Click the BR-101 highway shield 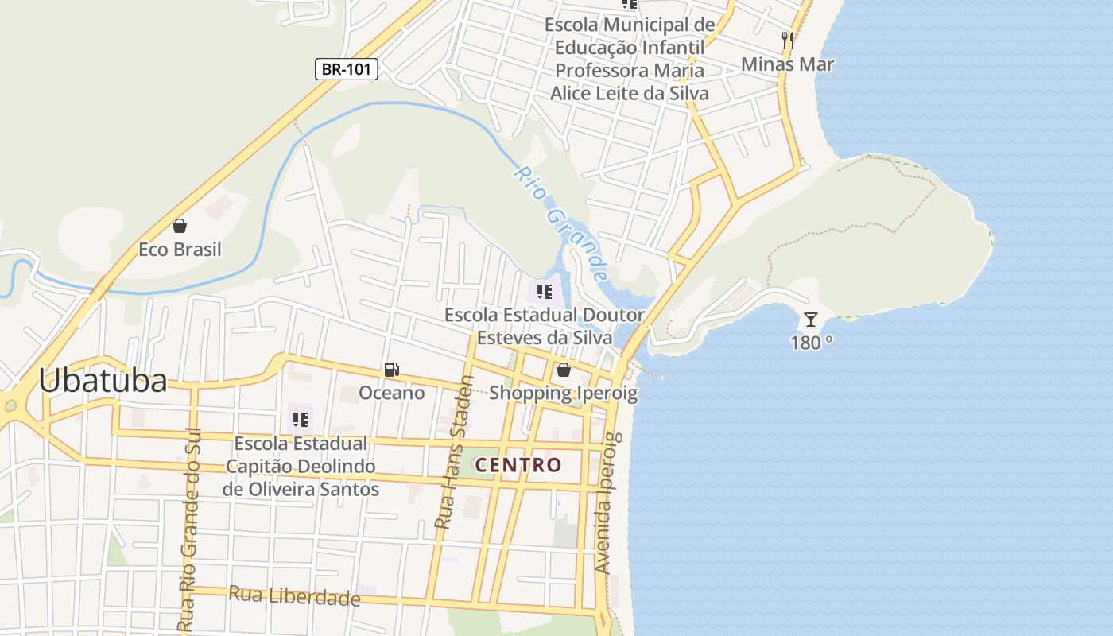pyautogui.click(x=347, y=69)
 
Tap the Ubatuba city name pyautogui.click(x=103, y=382)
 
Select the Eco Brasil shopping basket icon pyautogui.click(x=180, y=227)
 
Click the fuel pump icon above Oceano pyautogui.click(x=391, y=370)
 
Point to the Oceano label pyautogui.click(x=391, y=393)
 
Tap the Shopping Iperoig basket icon pyautogui.click(x=564, y=370)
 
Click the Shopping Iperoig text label pyautogui.click(x=564, y=393)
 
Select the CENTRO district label pyautogui.click(x=518, y=465)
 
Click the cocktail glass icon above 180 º pyautogui.click(x=810, y=320)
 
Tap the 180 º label pyautogui.click(x=811, y=343)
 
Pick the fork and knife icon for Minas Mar pyautogui.click(x=788, y=41)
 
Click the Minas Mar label pyautogui.click(x=787, y=64)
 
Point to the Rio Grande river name pyautogui.click(x=560, y=223)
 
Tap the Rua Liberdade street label pyautogui.click(x=294, y=595)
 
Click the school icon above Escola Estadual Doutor pyautogui.click(x=545, y=292)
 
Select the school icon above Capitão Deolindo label pyautogui.click(x=300, y=419)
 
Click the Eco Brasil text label pyautogui.click(x=180, y=250)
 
